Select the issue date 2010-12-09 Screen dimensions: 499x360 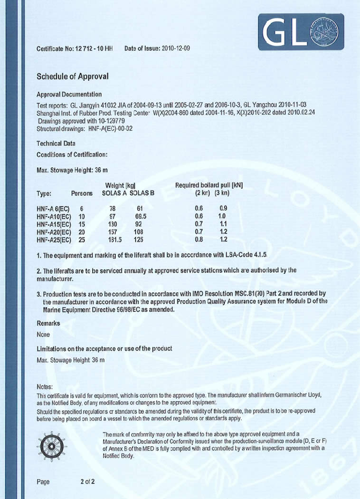tap(176, 48)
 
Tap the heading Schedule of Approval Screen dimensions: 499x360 tap(73, 76)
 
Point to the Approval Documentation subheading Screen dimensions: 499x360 tap(69, 94)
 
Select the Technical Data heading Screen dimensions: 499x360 tap(56, 143)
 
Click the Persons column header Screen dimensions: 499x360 tap(82, 193)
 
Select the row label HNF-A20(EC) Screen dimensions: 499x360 tap(54, 232)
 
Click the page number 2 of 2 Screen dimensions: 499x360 tap(87, 481)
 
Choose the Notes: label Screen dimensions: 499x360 tap(45, 387)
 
